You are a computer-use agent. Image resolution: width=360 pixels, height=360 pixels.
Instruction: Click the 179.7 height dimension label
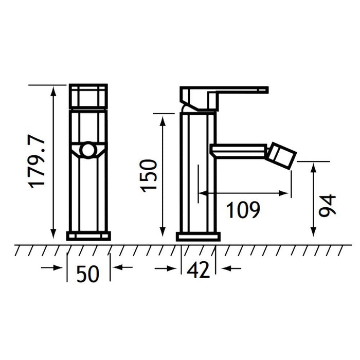pyautogui.click(x=37, y=161)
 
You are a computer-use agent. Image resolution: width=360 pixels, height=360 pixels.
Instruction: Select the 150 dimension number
pyautogui.click(x=148, y=176)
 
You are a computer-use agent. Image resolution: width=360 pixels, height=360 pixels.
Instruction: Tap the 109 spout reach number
pyautogui.click(x=243, y=210)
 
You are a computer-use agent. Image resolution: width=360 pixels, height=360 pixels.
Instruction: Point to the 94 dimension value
pyautogui.click(x=327, y=206)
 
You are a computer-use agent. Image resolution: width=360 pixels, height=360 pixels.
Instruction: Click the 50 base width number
pyautogui.click(x=88, y=274)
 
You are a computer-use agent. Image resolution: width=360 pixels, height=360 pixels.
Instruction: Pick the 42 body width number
pyautogui.click(x=199, y=269)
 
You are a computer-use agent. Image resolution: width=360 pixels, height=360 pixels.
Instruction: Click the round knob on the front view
pyautogui.click(x=88, y=150)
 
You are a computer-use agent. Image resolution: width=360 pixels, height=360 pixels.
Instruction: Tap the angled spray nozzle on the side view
pyautogui.click(x=281, y=156)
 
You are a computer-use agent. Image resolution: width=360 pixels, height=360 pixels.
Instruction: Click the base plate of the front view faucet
pyautogui.click(x=88, y=236)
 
